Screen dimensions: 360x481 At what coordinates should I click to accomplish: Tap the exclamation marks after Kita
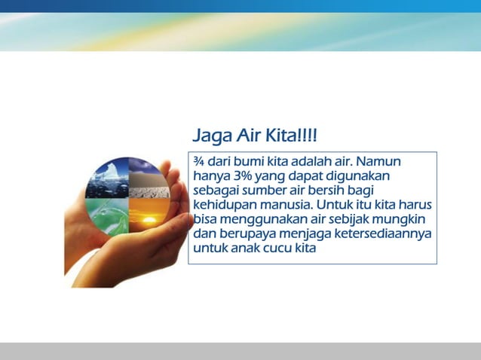(x=307, y=136)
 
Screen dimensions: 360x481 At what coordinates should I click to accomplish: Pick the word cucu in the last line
(x=278, y=248)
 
